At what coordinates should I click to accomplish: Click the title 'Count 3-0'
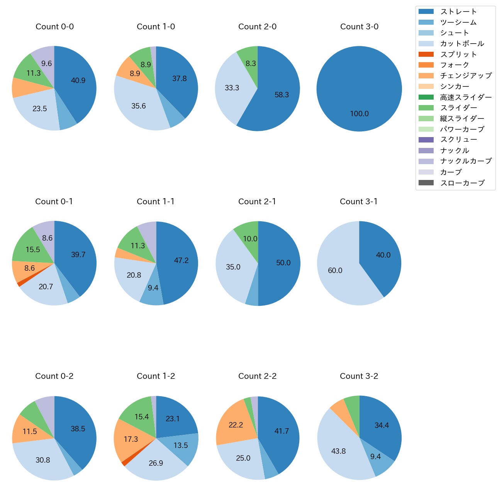tap(359, 27)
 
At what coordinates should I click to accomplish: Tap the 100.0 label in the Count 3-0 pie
tap(360, 114)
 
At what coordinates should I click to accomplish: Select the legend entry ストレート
tap(458, 12)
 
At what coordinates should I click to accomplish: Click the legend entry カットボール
tap(462, 44)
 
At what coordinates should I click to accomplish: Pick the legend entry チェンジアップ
tap(466, 76)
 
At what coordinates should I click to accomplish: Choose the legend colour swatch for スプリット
tap(426, 54)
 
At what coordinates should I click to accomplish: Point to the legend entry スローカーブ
tap(462, 183)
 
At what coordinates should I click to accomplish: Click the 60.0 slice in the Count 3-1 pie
tap(335, 270)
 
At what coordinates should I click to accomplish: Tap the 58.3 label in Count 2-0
tap(282, 95)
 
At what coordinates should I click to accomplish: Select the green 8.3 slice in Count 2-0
tap(250, 62)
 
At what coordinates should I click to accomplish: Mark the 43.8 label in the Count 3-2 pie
tap(339, 451)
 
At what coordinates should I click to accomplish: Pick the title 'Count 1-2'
tap(156, 376)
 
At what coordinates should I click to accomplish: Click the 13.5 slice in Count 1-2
tap(181, 445)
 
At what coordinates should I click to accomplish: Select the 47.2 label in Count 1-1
tap(181, 261)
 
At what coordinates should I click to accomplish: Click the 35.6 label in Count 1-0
tap(139, 106)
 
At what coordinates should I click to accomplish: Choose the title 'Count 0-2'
tap(54, 376)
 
